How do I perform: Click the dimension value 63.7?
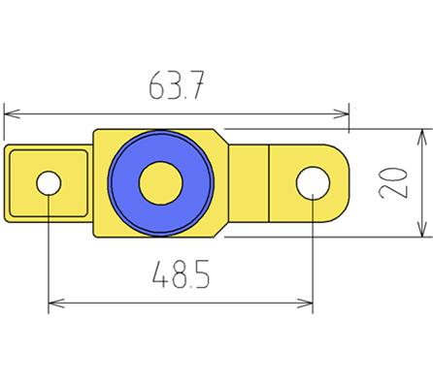(x=176, y=88)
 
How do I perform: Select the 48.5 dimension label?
(x=180, y=277)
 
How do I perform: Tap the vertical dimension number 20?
(x=393, y=181)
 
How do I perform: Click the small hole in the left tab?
(x=49, y=182)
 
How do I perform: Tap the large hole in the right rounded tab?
(x=313, y=182)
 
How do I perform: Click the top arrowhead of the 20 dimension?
(x=420, y=134)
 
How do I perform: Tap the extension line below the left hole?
(x=49, y=252)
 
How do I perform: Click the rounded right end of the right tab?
(x=348, y=182)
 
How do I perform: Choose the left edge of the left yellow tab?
(x=7, y=182)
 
